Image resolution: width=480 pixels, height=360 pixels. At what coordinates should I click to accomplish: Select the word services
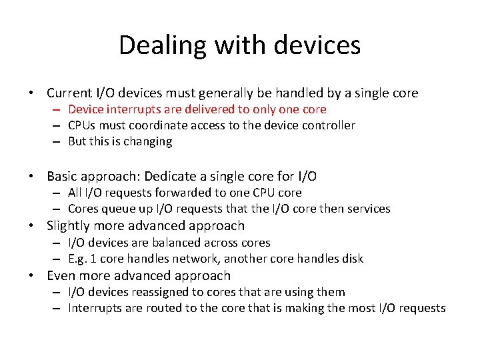point(369,209)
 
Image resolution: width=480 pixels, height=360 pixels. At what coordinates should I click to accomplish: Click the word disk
point(351,259)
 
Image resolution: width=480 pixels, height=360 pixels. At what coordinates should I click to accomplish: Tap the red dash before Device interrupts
point(58,109)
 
